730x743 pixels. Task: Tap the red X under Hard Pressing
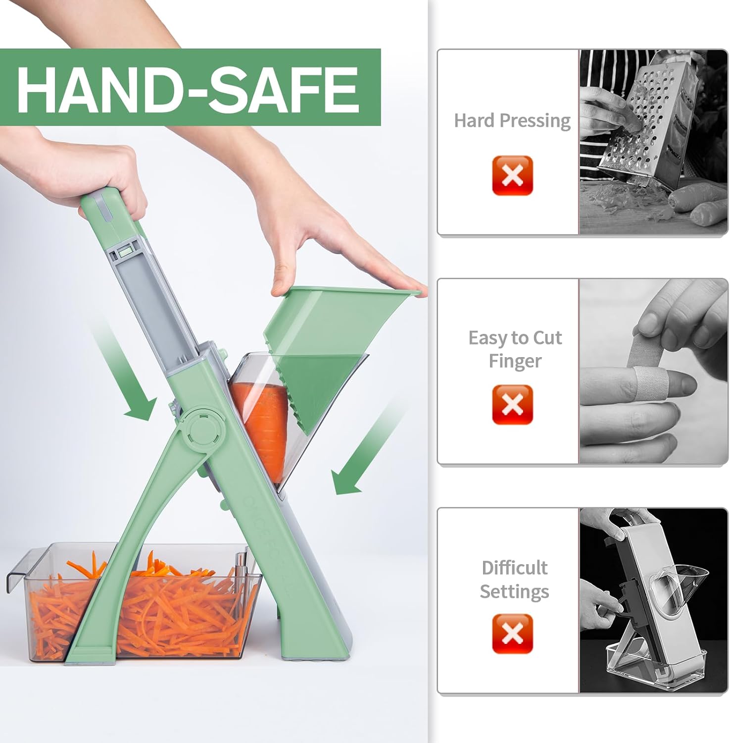512,175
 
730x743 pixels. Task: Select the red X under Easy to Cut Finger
512,404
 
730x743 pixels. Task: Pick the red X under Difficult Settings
512,634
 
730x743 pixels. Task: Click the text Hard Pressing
512,120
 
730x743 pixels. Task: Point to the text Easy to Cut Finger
515,349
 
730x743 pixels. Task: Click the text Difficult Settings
515,579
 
